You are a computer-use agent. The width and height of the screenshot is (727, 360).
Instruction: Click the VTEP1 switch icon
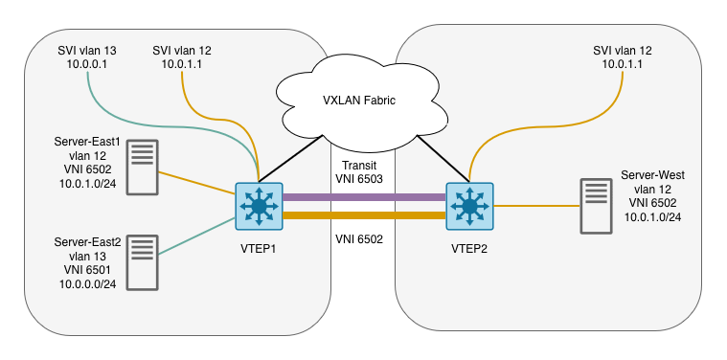259,207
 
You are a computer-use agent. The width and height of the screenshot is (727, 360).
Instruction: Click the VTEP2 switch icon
469,207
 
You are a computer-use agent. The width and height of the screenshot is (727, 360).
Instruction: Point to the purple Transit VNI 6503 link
364,197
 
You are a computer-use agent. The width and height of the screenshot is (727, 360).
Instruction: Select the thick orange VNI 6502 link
364,217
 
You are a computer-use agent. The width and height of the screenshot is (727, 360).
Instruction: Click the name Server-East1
87,142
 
